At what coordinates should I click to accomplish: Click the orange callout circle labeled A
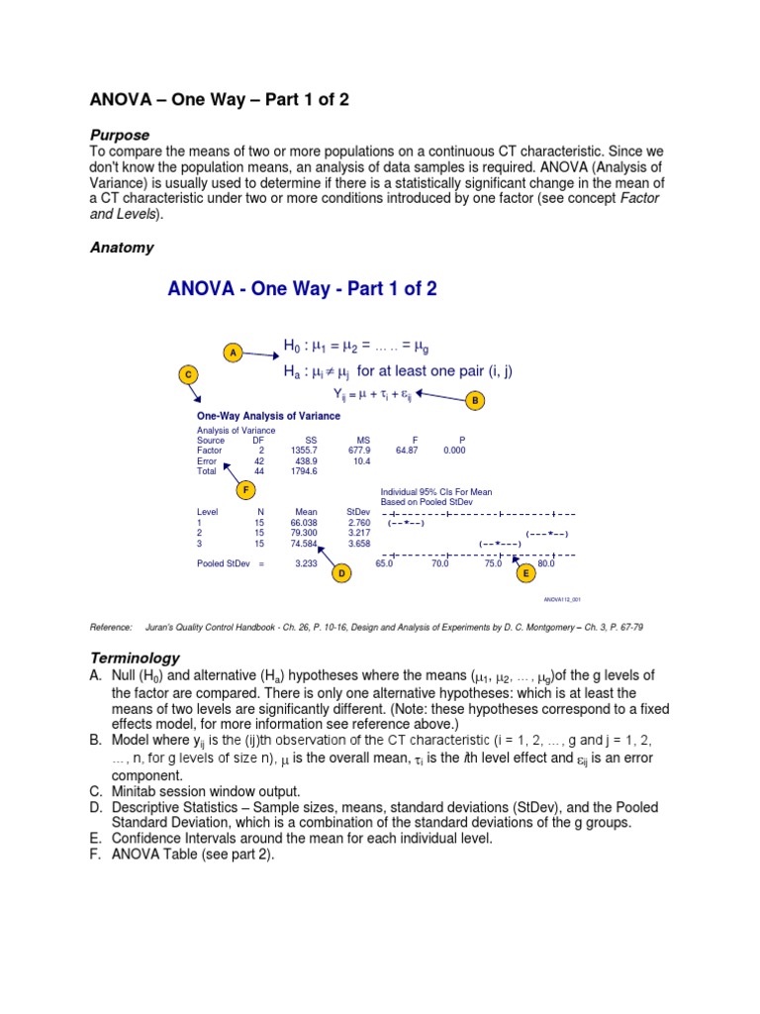pyautogui.click(x=233, y=353)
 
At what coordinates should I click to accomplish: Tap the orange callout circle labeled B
pyautogui.click(x=475, y=401)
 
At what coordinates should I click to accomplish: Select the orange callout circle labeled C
pyautogui.click(x=189, y=374)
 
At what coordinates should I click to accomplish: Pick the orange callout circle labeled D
pyautogui.click(x=342, y=573)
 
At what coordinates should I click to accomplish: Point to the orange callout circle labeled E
pyautogui.click(x=524, y=573)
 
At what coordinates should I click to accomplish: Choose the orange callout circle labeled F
pyautogui.click(x=246, y=489)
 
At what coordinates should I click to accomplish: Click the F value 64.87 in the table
pyautogui.click(x=408, y=450)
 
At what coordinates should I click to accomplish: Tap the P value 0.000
pyautogui.click(x=454, y=450)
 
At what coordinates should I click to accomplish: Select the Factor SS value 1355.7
pyautogui.click(x=305, y=450)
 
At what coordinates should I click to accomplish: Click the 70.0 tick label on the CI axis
pyautogui.click(x=440, y=563)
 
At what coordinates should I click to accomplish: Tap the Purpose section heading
pyautogui.click(x=121, y=135)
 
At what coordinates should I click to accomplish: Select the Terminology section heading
pyautogui.click(x=136, y=658)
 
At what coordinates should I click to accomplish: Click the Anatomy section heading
pyautogui.click(x=122, y=248)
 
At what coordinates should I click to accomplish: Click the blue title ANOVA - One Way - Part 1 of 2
pyautogui.click(x=302, y=289)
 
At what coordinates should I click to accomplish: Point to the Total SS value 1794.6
pyautogui.click(x=305, y=471)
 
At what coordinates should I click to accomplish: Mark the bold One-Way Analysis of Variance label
pyautogui.click(x=256, y=416)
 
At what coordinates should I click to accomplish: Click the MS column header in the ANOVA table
pyautogui.click(x=362, y=439)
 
